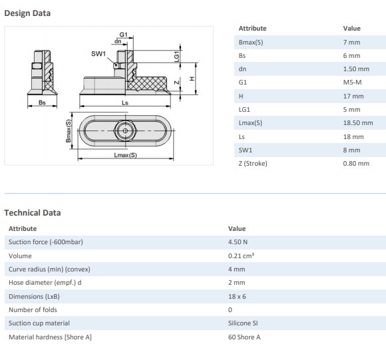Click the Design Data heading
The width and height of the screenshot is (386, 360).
27,13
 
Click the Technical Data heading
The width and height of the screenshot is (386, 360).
33,212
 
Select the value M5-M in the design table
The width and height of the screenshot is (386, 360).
352,83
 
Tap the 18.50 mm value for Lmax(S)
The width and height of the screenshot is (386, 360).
358,123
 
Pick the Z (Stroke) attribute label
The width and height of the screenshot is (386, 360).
253,164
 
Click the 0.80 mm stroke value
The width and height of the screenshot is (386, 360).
356,164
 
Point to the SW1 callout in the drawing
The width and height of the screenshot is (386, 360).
98,54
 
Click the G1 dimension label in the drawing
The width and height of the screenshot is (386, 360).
123,34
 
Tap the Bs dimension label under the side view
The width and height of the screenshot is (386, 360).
42,102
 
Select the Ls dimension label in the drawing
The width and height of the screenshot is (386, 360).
125,102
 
